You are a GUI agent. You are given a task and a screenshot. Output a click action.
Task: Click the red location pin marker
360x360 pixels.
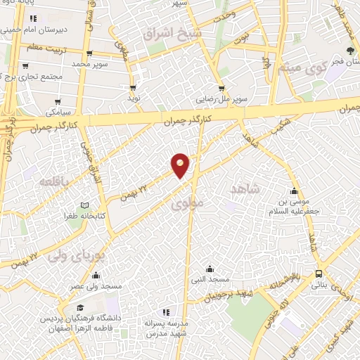point(181,165)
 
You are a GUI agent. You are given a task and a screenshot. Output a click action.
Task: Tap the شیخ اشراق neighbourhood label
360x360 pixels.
point(172,33)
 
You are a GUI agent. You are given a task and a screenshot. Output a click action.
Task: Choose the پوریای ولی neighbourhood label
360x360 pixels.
point(77,255)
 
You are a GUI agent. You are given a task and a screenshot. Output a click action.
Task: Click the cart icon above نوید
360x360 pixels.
point(132,88)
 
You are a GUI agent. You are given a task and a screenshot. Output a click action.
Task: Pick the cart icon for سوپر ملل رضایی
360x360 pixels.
point(221,89)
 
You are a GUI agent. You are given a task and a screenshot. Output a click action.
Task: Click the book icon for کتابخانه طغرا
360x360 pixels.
point(85,205)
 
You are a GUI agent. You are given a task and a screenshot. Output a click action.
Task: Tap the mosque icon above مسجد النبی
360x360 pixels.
point(209,269)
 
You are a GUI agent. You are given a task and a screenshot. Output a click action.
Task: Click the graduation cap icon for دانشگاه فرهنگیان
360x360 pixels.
point(80,308)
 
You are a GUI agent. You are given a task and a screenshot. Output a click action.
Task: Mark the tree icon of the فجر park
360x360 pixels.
point(350,51)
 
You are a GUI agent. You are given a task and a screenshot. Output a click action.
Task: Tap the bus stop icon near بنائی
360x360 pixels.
point(320,273)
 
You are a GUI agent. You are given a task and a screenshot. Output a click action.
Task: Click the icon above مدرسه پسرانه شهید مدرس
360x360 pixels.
point(167,311)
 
